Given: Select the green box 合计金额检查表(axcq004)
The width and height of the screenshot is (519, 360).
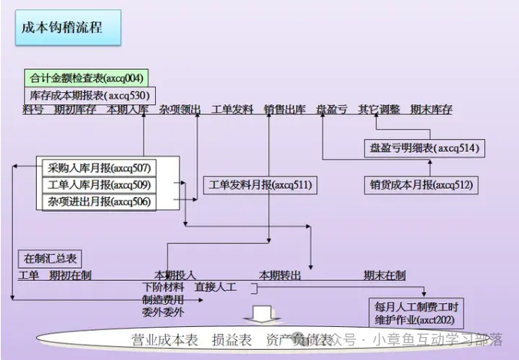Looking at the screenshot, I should click(x=84, y=78).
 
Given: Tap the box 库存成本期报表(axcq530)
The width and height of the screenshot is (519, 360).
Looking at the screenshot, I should click(x=89, y=96).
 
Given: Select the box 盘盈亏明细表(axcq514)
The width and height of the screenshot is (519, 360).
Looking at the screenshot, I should click(x=424, y=148).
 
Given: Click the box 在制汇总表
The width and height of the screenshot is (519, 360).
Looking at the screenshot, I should click(x=50, y=259).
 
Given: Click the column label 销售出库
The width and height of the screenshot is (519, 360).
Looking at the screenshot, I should click(x=285, y=110).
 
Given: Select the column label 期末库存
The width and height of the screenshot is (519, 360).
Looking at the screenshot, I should click(x=431, y=110).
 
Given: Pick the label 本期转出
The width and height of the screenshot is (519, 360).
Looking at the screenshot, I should click(x=279, y=276).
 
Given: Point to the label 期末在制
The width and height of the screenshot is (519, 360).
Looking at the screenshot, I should click(x=385, y=276).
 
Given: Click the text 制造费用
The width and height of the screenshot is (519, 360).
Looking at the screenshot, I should click(x=163, y=300).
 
